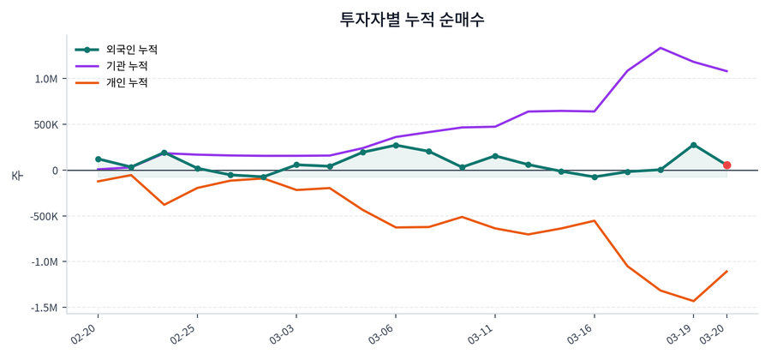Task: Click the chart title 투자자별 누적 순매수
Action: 412,19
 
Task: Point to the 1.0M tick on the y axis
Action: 46,79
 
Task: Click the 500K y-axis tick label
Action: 45,125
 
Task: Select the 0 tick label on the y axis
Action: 55,171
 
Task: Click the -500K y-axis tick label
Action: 43,216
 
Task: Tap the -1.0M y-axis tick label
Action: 45,262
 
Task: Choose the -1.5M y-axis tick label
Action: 45,308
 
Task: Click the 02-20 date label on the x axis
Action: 86,333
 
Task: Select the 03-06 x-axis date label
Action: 382,333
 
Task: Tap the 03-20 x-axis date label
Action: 714,333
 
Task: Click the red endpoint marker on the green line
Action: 727,165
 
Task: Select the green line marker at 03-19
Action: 694,145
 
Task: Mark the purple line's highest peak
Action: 660,48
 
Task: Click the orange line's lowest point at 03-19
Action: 694,301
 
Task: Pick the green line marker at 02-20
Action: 98,159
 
